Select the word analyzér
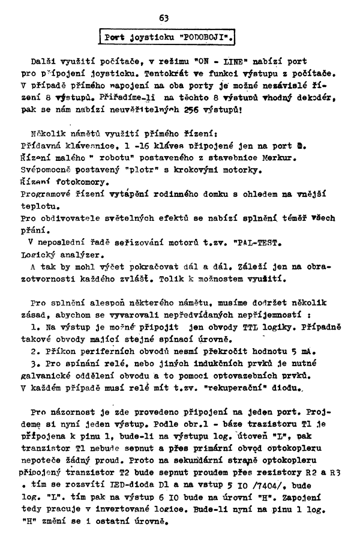tap(74, 238)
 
